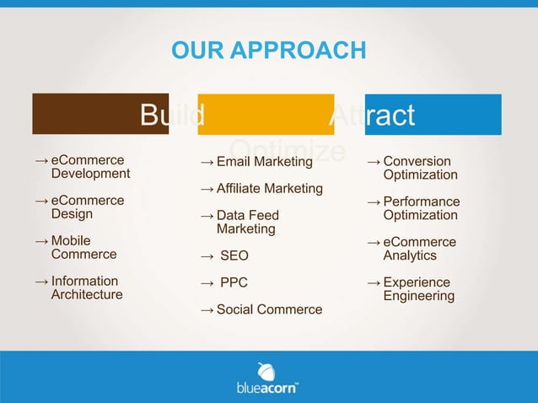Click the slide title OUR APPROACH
(268, 51)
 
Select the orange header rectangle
(266, 114)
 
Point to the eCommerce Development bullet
(90, 167)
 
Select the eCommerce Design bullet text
(87, 207)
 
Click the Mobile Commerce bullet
(83, 247)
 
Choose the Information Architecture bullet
(86, 287)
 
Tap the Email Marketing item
(264, 161)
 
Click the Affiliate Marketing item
(269, 188)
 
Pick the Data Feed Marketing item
(247, 222)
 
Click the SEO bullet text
(234, 255)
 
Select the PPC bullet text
(234, 282)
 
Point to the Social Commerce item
(269, 309)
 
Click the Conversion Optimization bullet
(420, 168)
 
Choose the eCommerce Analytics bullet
(419, 249)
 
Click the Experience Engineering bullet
(418, 289)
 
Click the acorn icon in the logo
(266, 371)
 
